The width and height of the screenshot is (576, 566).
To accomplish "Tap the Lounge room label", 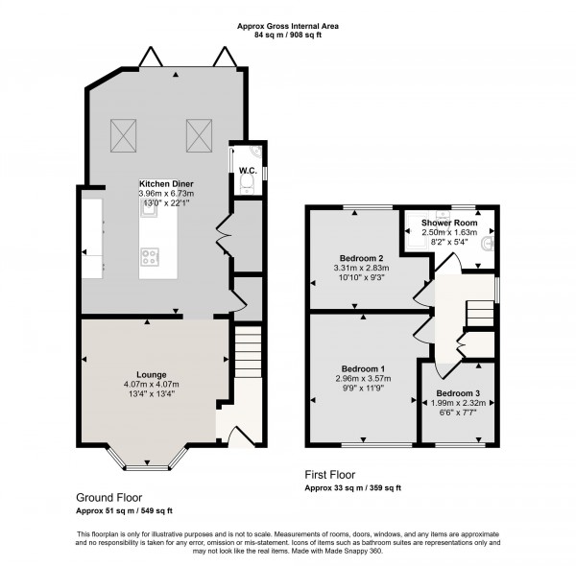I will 152,374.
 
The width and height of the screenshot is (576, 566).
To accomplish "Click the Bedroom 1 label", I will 363,368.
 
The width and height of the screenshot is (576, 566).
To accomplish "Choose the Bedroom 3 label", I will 459,392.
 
